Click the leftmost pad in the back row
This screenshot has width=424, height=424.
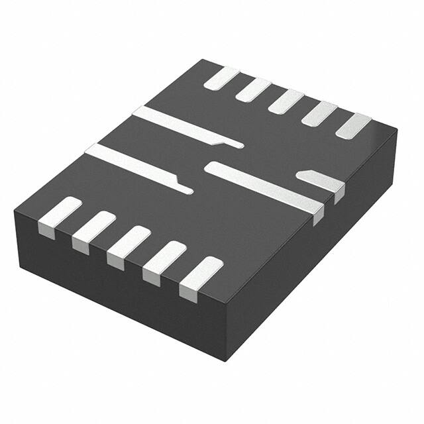pos(221,78)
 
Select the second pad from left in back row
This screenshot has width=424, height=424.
pos(253,89)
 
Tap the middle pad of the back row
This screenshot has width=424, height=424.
pos(286,101)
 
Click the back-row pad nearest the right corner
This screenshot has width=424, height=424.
pos(353,125)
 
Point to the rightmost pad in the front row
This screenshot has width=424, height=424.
pos(201,274)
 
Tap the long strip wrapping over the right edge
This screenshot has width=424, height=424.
pos(265,187)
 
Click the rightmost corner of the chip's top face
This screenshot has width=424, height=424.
pos(397,129)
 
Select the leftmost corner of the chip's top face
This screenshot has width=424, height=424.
pos(15,210)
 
